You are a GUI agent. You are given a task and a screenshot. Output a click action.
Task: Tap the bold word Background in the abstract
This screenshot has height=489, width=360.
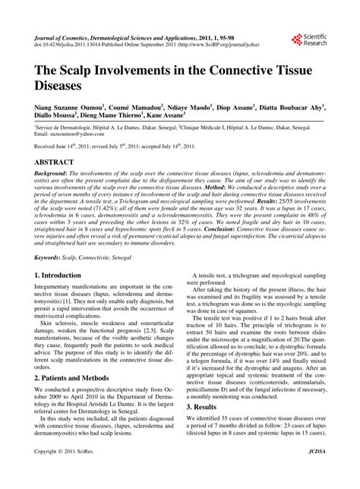point(53,173)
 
